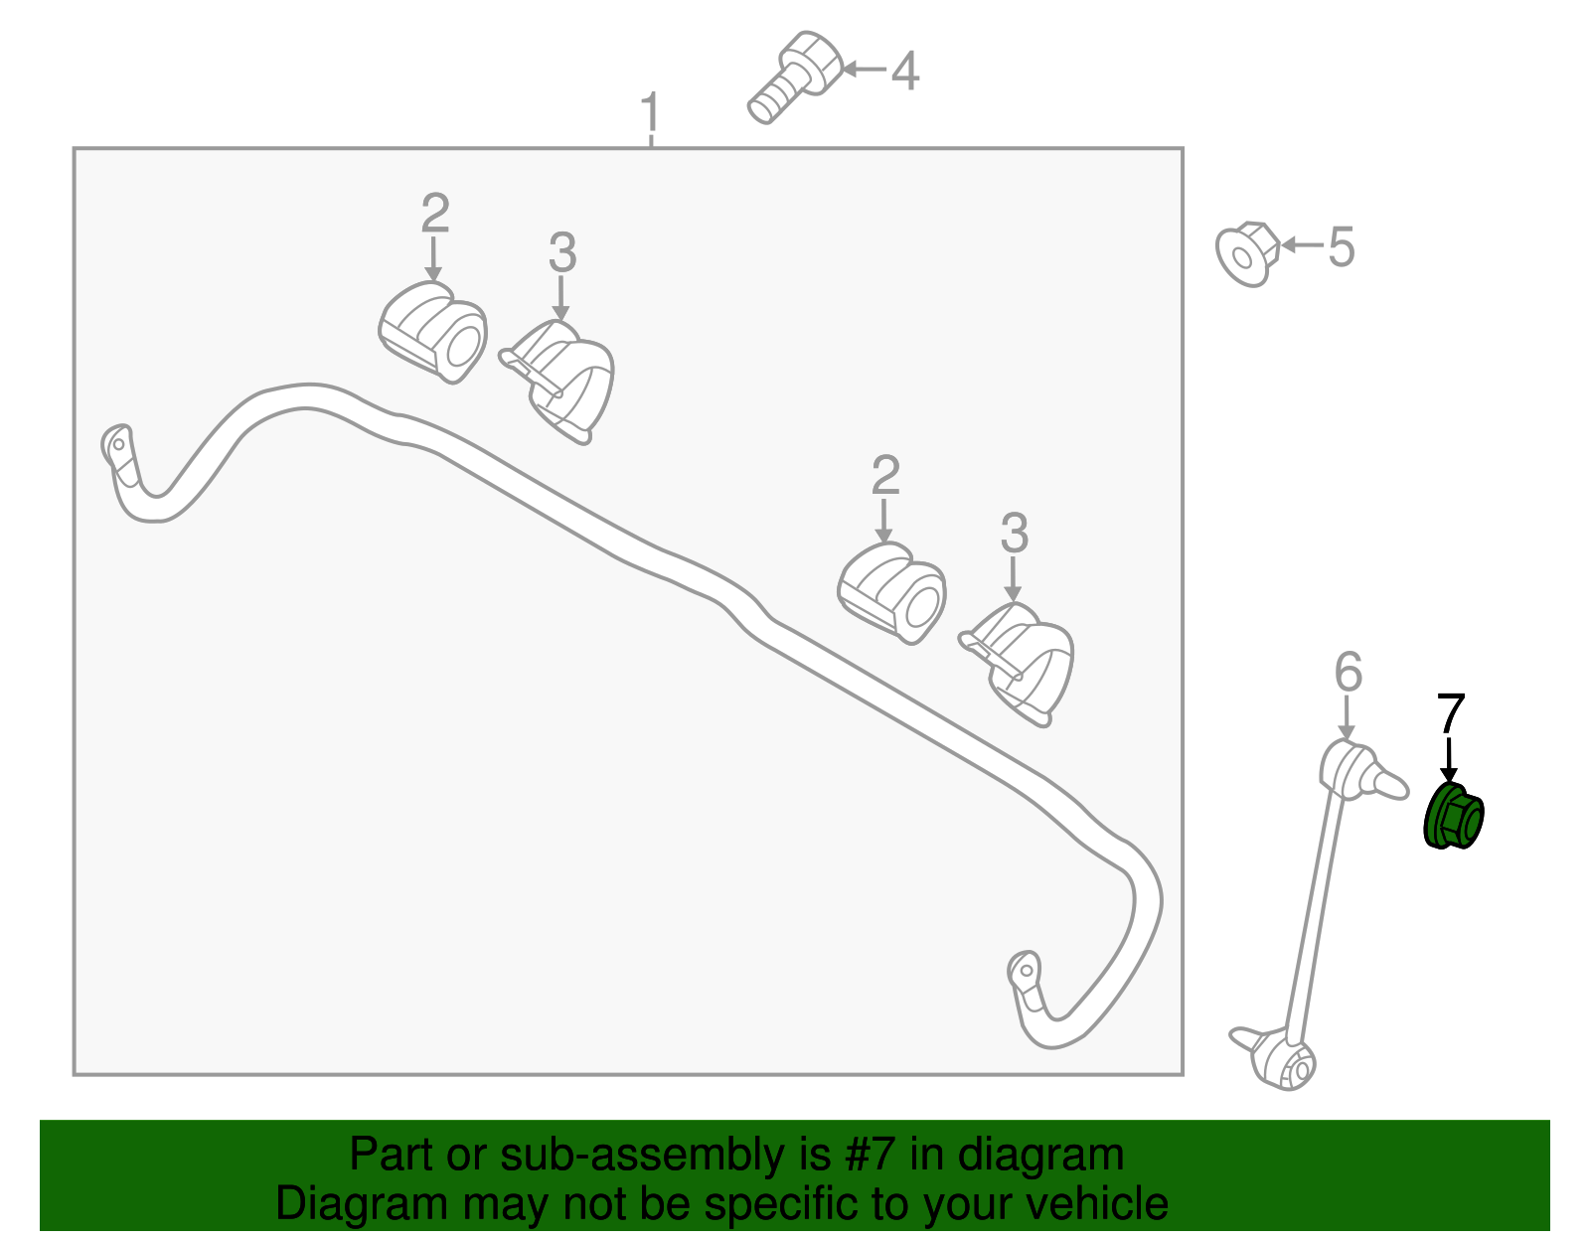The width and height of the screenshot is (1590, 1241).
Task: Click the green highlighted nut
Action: [1453, 816]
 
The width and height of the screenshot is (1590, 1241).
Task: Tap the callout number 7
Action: [1451, 712]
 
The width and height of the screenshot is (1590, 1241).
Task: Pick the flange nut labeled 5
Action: [1247, 253]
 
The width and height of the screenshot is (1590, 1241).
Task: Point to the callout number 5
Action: [1341, 246]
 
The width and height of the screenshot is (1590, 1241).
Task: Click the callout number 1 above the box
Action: [651, 112]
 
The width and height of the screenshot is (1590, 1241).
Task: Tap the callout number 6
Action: [1348, 672]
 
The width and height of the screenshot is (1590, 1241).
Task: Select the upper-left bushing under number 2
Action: [433, 332]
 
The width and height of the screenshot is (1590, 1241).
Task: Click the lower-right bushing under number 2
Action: [892, 593]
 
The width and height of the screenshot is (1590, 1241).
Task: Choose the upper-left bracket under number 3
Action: [557, 382]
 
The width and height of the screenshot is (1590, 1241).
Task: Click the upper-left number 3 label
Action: [561, 252]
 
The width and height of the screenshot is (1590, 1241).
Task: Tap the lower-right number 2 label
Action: [885, 475]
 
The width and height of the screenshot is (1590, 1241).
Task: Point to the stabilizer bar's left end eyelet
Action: [117, 444]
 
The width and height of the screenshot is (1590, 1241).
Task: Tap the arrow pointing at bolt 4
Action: [865, 70]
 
